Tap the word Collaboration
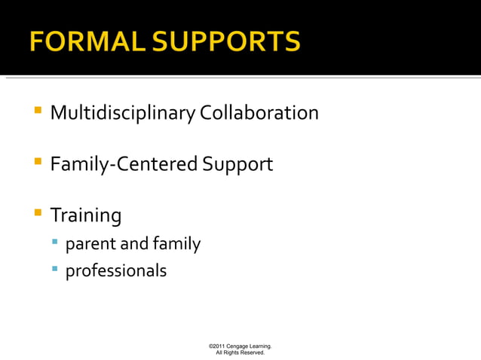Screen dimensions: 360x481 [259, 113]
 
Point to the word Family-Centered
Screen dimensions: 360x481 [124, 164]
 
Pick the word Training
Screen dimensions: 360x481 [85, 216]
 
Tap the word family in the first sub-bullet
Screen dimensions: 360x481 [176, 244]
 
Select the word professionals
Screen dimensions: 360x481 [115, 270]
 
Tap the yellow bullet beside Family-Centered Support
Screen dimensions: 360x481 [37, 163]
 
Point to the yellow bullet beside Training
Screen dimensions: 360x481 [37, 214]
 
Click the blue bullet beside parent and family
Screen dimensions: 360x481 [55, 243]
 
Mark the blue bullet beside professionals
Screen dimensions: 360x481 [55, 269]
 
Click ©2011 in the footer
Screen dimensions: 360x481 [218, 346]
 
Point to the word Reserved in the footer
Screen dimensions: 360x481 [251, 352]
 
